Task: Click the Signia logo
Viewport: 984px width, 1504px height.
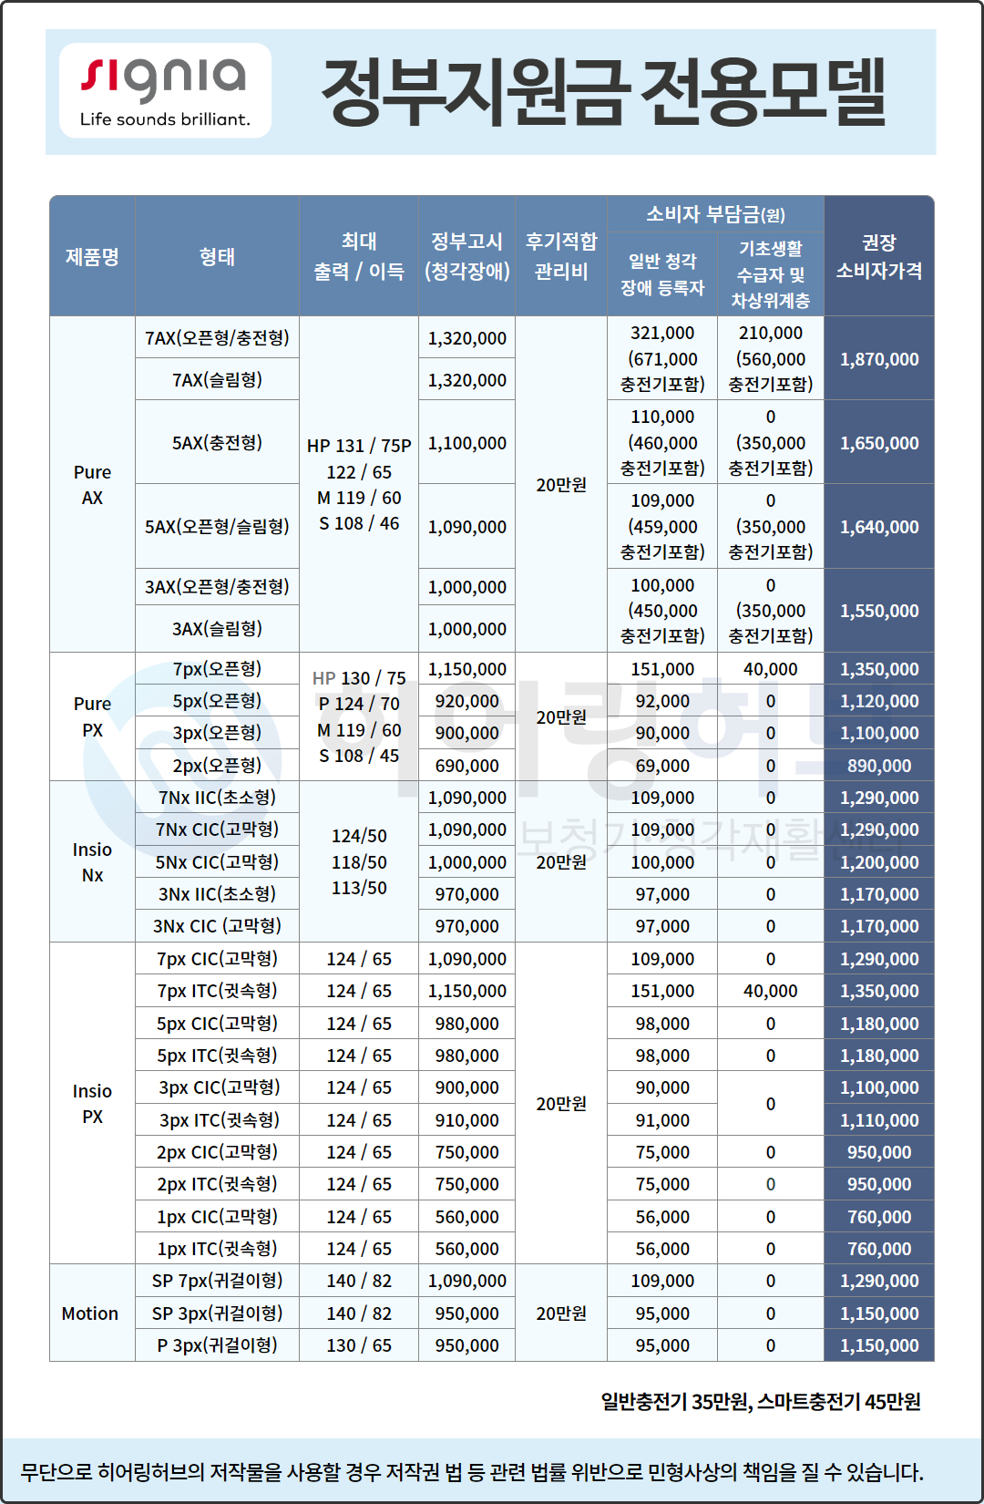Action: click(165, 90)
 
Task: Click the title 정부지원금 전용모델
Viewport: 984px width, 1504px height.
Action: click(603, 92)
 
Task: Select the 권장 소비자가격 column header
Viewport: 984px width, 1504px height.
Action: click(878, 256)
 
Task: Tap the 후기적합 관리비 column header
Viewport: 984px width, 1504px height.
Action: click(561, 256)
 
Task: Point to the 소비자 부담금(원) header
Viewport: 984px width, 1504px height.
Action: click(715, 214)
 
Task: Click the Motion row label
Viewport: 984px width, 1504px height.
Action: click(90, 1313)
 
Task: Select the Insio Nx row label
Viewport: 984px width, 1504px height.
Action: click(92, 861)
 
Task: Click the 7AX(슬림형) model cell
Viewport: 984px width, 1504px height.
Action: click(217, 379)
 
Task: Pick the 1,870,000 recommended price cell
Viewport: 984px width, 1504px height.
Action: click(878, 359)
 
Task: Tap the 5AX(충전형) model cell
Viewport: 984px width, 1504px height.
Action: click(217, 442)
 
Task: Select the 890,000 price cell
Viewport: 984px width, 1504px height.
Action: click(878, 766)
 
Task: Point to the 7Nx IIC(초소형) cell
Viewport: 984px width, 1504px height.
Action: click(217, 798)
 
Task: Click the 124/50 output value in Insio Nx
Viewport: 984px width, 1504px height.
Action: click(359, 836)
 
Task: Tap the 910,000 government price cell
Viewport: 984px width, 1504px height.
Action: click(466, 1120)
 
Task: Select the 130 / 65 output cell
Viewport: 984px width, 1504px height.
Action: click(359, 1345)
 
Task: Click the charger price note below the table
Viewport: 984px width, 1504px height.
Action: click(760, 1401)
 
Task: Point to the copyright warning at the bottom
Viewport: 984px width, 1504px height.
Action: click(472, 1471)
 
